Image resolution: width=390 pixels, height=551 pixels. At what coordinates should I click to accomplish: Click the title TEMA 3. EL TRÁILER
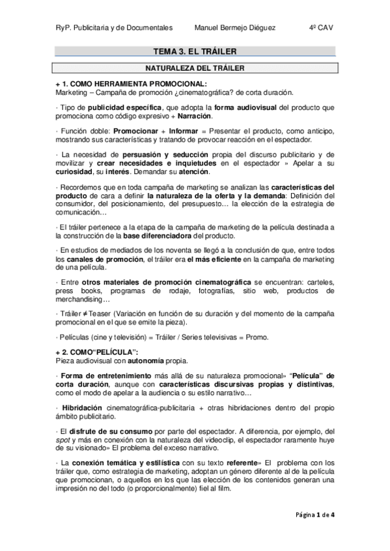tap(194, 51)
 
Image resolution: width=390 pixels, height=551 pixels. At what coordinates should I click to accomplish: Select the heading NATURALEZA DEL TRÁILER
tap(194, 67)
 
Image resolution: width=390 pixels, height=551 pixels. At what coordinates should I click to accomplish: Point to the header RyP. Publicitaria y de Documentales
tap(114, 28)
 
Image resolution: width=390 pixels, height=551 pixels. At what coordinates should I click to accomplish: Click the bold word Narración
tap(194, 116)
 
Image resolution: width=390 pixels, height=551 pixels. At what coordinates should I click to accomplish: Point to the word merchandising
tap(83, 300)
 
